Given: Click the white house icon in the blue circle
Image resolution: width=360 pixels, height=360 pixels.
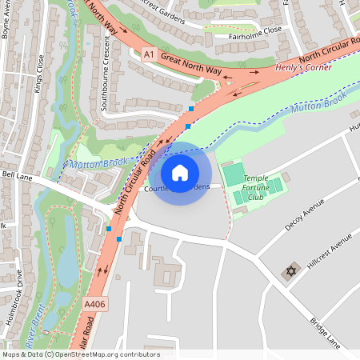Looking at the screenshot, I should [180, 172].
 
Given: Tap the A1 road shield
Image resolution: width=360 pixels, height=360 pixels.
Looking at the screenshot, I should [147, 54].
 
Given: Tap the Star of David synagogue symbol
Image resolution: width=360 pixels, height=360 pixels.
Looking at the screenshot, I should [290, 270].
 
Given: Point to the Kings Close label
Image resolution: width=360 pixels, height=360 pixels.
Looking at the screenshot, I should [38, 74].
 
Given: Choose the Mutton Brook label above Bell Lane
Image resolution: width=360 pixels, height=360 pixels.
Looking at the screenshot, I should [94, 163].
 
